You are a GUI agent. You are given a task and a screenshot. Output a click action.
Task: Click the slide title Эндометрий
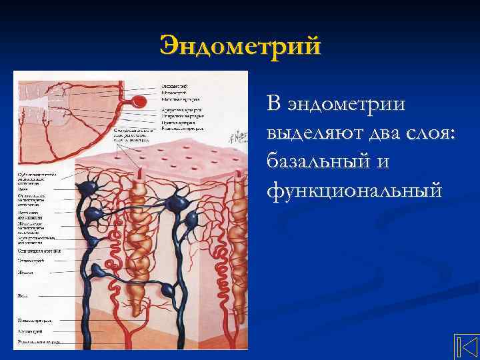click(x=240, y=46)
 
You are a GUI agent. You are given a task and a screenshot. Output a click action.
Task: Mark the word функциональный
click(x=353, y=191)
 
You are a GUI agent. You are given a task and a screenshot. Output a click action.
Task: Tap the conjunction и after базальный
click(x=385, y=161)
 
